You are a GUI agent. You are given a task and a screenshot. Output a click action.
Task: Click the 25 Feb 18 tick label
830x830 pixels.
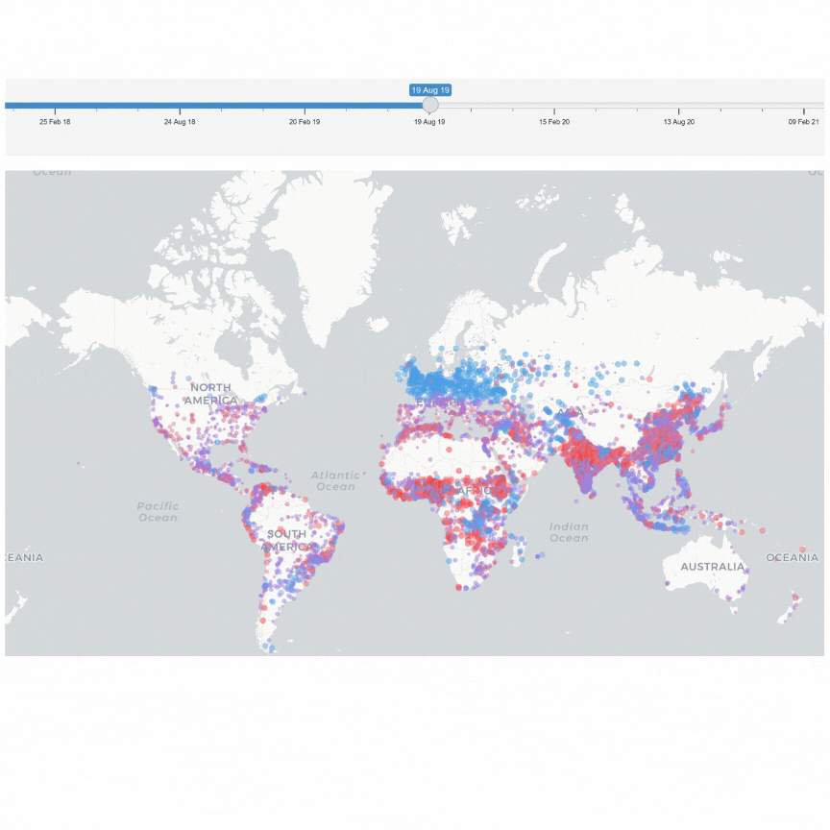coord(55,122)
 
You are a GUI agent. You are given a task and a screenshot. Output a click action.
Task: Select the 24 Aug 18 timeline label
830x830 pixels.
coord(180,122)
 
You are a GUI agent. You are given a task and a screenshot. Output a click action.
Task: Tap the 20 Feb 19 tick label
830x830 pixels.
coord(305,122)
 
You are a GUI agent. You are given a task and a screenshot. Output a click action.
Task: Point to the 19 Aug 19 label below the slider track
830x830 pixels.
coord(429,122)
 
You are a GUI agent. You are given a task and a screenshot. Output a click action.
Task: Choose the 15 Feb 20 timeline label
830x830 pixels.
coord(554,122)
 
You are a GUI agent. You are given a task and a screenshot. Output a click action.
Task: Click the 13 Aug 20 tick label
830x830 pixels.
coord(679,122)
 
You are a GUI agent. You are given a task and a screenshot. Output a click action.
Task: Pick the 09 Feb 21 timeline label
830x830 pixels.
coord(803,122)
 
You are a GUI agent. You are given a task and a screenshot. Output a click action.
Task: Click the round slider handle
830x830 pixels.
coord(430,105)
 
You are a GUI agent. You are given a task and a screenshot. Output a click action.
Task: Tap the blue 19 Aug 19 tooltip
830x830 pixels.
coord(430,89)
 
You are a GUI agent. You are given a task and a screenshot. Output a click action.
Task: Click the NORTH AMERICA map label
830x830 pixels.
coord(210,394)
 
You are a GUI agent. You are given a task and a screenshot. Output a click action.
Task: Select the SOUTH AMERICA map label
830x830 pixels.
coord(286,540)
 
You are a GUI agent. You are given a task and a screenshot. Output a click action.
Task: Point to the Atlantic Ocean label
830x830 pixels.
coord(335,480)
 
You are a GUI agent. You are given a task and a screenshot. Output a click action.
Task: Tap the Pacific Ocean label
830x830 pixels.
coord(158,511)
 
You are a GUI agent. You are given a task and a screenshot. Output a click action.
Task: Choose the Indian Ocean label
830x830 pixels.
coord(569,531)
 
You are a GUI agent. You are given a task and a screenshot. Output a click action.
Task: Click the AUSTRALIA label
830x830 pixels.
coord(712,567)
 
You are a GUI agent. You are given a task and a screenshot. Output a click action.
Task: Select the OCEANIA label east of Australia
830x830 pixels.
coord(793,557)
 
